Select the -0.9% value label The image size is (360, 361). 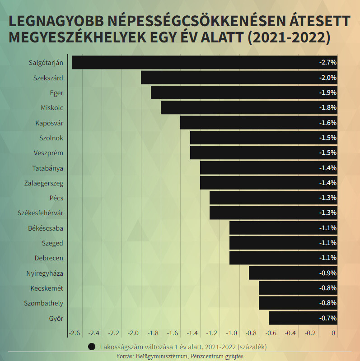(x=328, y=273)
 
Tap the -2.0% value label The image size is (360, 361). (x=328, y=78)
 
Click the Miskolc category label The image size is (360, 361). (x=52, y=108)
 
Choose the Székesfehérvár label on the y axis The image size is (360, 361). (x=40, y=213)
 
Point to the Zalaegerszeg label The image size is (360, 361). (x=43, y=183)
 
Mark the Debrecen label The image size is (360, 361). (x=49, y=258)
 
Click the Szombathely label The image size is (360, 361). (x=43, y=303)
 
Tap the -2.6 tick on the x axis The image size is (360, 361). (x=75, y=333)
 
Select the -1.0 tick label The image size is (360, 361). (x=232, y=333)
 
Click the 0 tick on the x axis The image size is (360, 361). (x=333, y=333)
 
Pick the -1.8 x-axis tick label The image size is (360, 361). (x=153, y=333)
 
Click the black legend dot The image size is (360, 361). (x=92, y=347)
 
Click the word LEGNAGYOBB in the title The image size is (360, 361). (x=56, y=22)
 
